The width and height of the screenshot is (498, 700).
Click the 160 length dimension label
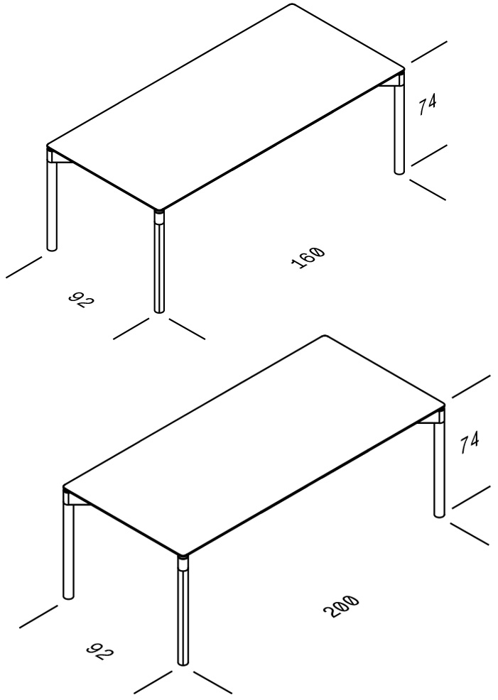(308, 258)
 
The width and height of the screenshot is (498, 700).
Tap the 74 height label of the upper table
(427, 104)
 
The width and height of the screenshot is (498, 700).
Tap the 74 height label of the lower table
(469, 442)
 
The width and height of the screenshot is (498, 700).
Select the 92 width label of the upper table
(82, 301)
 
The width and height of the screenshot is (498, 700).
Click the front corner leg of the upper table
(159, 261)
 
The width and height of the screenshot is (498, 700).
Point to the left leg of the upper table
(52, 199)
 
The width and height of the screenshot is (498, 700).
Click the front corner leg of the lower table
(183, 611)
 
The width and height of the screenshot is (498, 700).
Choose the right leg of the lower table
(440, 465)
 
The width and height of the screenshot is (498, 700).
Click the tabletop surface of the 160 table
(225, 106)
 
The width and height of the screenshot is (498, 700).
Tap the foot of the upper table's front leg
(159, 310)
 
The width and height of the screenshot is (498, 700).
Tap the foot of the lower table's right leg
(440, 515)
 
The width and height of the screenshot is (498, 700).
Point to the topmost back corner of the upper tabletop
(293, 4)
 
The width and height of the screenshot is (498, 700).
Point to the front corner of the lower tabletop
(183, 555)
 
